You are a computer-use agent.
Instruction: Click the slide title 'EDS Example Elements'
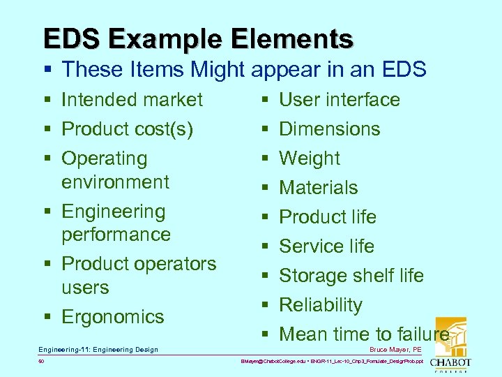pyautogui.click(x=198, y=38)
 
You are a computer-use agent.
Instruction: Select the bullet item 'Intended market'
pyautogui.click(x=132, y=100)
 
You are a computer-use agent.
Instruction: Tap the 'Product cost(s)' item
pyautogui.click(x=127, y=129)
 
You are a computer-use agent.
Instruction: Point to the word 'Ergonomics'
pyautogui.click(x=112, y=316)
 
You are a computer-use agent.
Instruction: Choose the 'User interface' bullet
pyautogui.click(x=339, y=100)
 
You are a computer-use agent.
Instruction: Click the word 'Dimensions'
pyautogui.click(x=329, y=129)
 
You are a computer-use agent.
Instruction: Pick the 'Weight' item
pyautogui.click(x=309, y=158)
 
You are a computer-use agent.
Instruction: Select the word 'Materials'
pyautogui.click(x=318, y=188)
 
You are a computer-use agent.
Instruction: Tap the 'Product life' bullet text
pyautogui.click(x=327, y=217)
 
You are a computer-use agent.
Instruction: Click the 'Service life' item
pyautogui.click(x=326, y=246)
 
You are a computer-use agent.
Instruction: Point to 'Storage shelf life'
pyautogui.click(x=351, y=276)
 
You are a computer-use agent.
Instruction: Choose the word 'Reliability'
pyautogui.click(x=320, y=305)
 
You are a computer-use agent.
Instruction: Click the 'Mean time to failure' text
pyautogui.click(x=363, y=334)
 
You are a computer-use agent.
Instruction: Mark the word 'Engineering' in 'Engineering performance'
pyautogui.click(x=113, y=211)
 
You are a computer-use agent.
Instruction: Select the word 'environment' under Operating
pyautogui.click(x=115, y=182)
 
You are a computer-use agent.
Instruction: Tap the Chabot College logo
pyautogui.click(x=449, y=346)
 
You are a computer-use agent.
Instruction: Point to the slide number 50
pyautogui.click(x=40, y=362)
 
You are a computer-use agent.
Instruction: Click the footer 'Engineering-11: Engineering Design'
pyautogui.click(x=98, y=349)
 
